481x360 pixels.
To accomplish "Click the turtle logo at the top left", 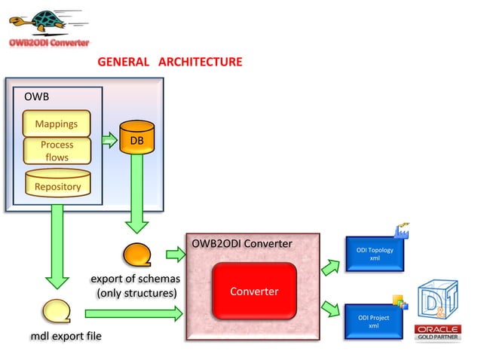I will [42, 21].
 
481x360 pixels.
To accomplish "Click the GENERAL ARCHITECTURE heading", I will [170, 62].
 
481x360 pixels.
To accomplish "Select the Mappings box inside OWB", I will [57, 123].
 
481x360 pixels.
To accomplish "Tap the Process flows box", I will [57, 151].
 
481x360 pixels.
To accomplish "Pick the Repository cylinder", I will [57, 183].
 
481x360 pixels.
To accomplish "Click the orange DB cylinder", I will [136, 138].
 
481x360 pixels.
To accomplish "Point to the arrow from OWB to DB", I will [108, 139].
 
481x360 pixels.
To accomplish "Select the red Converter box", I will [254, 291].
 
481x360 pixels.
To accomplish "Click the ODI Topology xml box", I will [374, 255].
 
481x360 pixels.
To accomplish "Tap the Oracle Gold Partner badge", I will [437, 332].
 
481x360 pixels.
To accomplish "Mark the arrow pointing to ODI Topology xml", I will [330, 265].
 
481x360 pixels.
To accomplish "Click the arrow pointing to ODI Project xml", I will [330, 309].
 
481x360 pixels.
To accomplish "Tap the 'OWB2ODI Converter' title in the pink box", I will [241, 243].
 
